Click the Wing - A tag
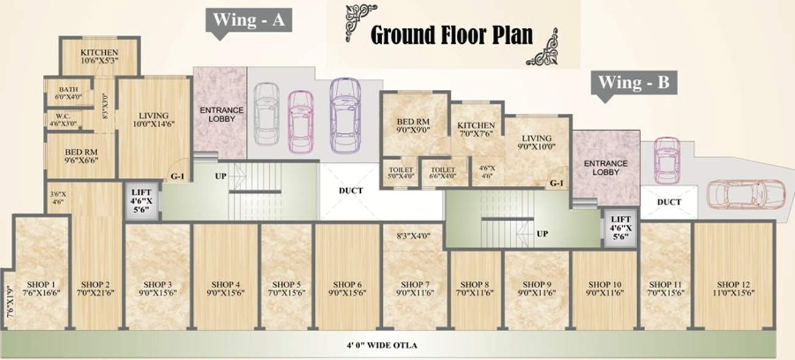pyautogui.click(x=249, y=20)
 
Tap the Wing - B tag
pyautogui.click(x=634, y=83)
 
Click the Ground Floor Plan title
pyautogui.click(x=452, y=35)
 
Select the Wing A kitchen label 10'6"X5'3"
pyautogui.click(x=99, y=56)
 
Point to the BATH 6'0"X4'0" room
pyautogui.click(x=68, y=93)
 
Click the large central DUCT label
pyautogui.click(x=351, y=191)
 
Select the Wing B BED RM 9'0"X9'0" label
pyautogui.click(x=413, y=125)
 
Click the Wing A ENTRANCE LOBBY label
pyautogui.click(x=221, y=114)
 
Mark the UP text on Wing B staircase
pyautogui.click(x=541, y=233)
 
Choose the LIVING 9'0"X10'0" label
pyautogui.click(x=536, y=142)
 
